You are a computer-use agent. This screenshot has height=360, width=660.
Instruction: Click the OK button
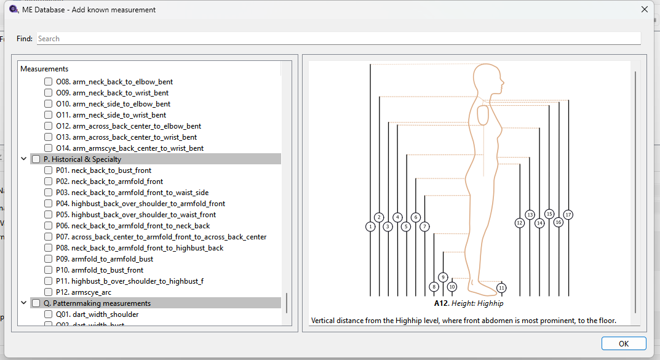pos(623,343)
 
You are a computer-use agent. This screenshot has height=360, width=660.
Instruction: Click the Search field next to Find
pos(338,39)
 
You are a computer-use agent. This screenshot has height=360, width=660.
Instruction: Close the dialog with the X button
pos(645,9)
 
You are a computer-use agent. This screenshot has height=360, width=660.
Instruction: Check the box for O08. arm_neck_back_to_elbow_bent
pos(49,82)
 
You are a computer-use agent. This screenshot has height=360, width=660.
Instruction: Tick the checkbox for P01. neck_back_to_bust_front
pos(49,170)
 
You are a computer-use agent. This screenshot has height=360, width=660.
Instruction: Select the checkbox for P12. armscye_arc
pos(49,292)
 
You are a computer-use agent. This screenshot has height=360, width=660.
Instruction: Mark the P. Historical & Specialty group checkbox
pos(36,159)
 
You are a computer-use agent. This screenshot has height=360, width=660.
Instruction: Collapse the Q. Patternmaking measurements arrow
pos(24,303)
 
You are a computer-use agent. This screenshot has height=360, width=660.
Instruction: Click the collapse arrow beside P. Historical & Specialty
pos(24,159)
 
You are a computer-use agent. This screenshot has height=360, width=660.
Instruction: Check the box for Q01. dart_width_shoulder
pos(49,314)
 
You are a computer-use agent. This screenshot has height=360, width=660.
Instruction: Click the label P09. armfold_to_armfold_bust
pos(105,259)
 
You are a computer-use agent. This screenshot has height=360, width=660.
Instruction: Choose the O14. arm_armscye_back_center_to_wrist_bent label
pos(130,148)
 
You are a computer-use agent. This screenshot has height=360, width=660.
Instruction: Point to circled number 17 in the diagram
pos(568,215)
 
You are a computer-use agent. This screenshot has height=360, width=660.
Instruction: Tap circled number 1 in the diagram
pos(370,226)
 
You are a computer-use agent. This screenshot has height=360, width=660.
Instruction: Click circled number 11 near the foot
pos(501,288)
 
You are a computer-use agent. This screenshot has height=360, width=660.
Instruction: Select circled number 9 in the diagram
pos(443,277)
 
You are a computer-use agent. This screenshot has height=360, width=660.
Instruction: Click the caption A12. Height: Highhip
pos(469,303)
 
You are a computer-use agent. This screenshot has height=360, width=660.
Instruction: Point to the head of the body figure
pos(487,79)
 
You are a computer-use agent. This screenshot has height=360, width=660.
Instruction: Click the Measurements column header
pos(44,69)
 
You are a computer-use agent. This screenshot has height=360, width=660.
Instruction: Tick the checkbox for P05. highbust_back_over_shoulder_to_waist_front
pos(49,214)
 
